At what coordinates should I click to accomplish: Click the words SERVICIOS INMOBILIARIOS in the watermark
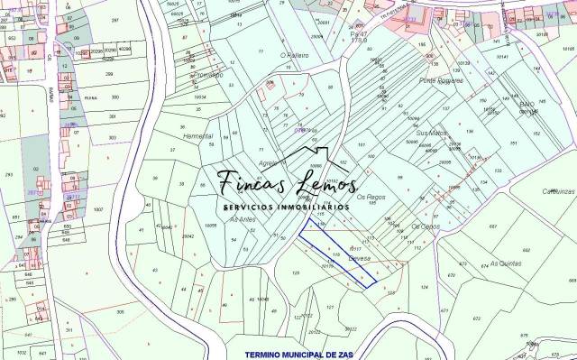click(287, 208)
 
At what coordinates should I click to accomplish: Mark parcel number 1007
click(97, 209)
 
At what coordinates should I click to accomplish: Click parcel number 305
click(120, 311)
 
